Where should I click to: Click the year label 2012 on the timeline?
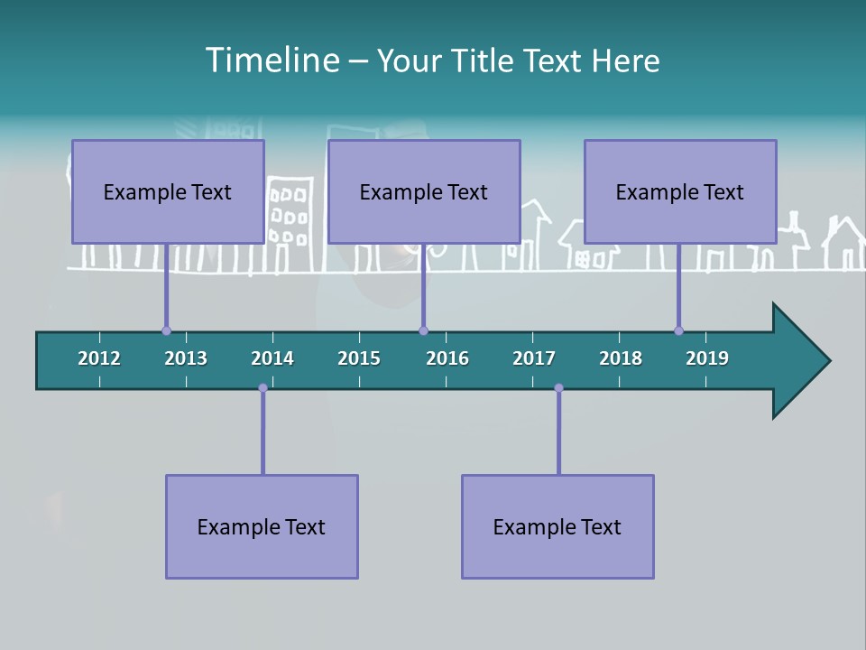[x=99, y=358]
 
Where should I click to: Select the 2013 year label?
[x=186, y=358]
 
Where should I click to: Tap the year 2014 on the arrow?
[x=272, y=358]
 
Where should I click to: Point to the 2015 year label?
[x=359, y=358]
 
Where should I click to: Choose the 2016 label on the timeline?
[x=447, y=358]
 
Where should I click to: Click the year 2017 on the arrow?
[x=534, y=358]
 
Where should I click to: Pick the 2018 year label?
[x=621, y=358]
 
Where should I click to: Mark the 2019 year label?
[x=707, y=358]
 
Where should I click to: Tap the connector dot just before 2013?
[x=166, y=330]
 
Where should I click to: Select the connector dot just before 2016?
[x=423, y=330]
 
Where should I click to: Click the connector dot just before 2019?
[x=678, y=330]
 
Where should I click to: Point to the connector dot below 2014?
[x=263, y=388]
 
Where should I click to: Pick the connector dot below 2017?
[x=558, y=388]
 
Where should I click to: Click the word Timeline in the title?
[x=271, y=60]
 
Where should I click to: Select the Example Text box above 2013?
[x=168, y=191]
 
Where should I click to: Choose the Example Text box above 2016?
[x=424, y=191]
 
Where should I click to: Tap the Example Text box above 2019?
[x=680, y=191]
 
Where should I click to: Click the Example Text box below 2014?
[x=262, y=526]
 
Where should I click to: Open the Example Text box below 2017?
[x=557, y=526]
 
